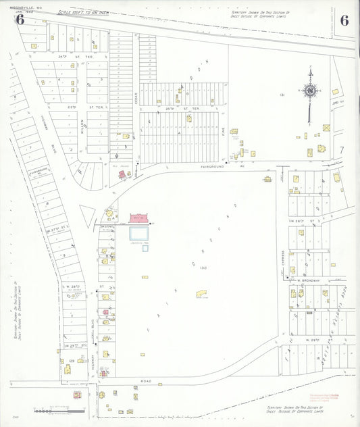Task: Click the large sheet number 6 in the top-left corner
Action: (20, 20)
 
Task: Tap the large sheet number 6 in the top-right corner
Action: (344, 20)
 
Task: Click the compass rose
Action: (310, 91)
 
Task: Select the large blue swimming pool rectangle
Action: (141, 233)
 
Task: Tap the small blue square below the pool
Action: (145, 248)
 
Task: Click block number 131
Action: (282, 95)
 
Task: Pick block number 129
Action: (72, 361)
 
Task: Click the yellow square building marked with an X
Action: (326, 127)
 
